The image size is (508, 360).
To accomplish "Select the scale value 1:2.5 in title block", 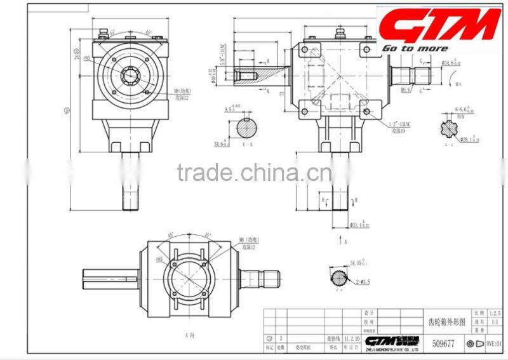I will click(x=496, y=314).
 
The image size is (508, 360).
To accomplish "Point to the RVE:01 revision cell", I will click(x=495, y=343).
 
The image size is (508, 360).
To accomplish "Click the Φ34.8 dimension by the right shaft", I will click(x=451, y=63).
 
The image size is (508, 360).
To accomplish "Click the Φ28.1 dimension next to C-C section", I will click(x=469, y=139).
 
